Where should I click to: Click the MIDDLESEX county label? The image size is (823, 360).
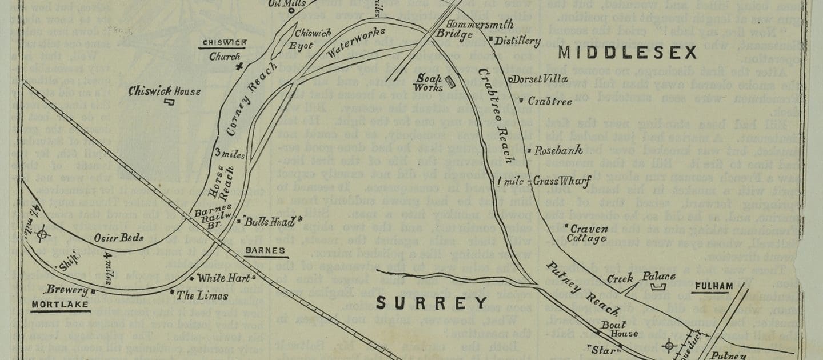coord(627,53)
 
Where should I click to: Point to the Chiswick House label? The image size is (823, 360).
coord(165,91)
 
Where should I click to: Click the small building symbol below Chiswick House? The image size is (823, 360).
coord(169,102)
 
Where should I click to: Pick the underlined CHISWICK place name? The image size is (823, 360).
coord(224,43)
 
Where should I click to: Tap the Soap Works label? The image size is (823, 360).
coord(430,83)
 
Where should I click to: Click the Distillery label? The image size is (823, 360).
coord(517,41)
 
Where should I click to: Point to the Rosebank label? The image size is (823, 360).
coord(558,151)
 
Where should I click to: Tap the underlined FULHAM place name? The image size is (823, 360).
coord(712,286)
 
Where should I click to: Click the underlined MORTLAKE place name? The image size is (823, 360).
coord(61,304)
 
